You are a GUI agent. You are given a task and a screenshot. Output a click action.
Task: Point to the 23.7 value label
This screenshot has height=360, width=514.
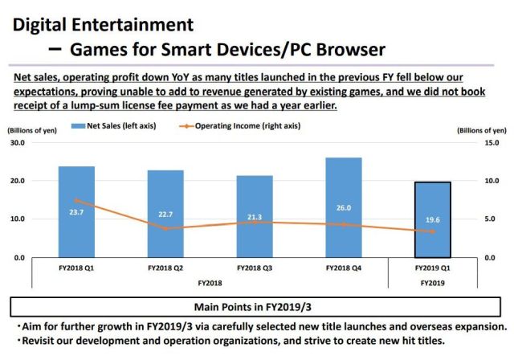click(76, 213)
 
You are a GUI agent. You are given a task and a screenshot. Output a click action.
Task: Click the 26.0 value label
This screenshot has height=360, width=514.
click(344, 208)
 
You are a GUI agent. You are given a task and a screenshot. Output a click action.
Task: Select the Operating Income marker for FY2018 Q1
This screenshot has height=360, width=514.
click(76, 200)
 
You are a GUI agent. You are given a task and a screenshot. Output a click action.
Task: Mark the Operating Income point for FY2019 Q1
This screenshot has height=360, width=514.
click(432, 231)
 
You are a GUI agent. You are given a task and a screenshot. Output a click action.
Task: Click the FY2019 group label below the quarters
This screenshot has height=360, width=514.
click(432, 283)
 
